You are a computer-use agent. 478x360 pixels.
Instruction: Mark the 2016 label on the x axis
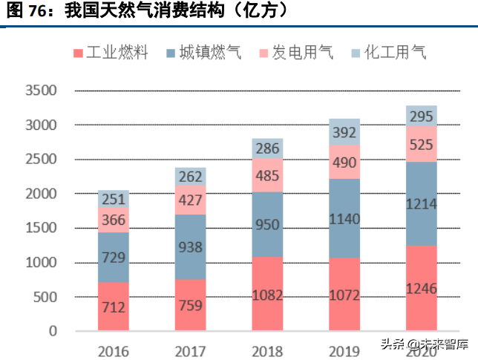[114, 350]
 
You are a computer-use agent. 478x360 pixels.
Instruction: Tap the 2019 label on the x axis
[344, 350]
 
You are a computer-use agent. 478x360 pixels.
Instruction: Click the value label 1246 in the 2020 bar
[421, 289]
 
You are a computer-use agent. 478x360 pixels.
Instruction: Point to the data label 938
[191, 247]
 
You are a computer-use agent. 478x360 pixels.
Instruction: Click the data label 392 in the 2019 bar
[344, 132]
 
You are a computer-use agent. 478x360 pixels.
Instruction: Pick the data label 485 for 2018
[267, 176]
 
